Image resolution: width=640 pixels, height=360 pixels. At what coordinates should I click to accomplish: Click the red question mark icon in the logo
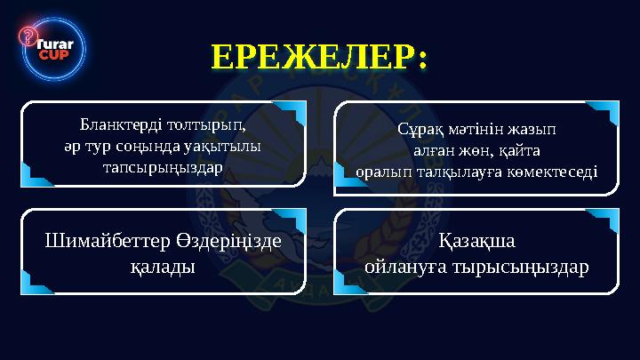28,36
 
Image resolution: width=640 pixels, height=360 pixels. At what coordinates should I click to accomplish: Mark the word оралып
383,169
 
